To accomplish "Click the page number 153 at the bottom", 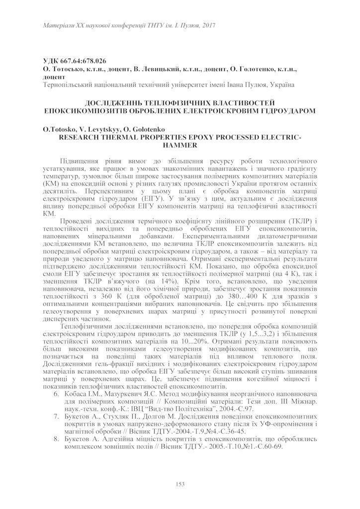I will [180, 485].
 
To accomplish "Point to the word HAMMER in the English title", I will [180, 145].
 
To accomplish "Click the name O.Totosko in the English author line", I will [59, 129].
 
